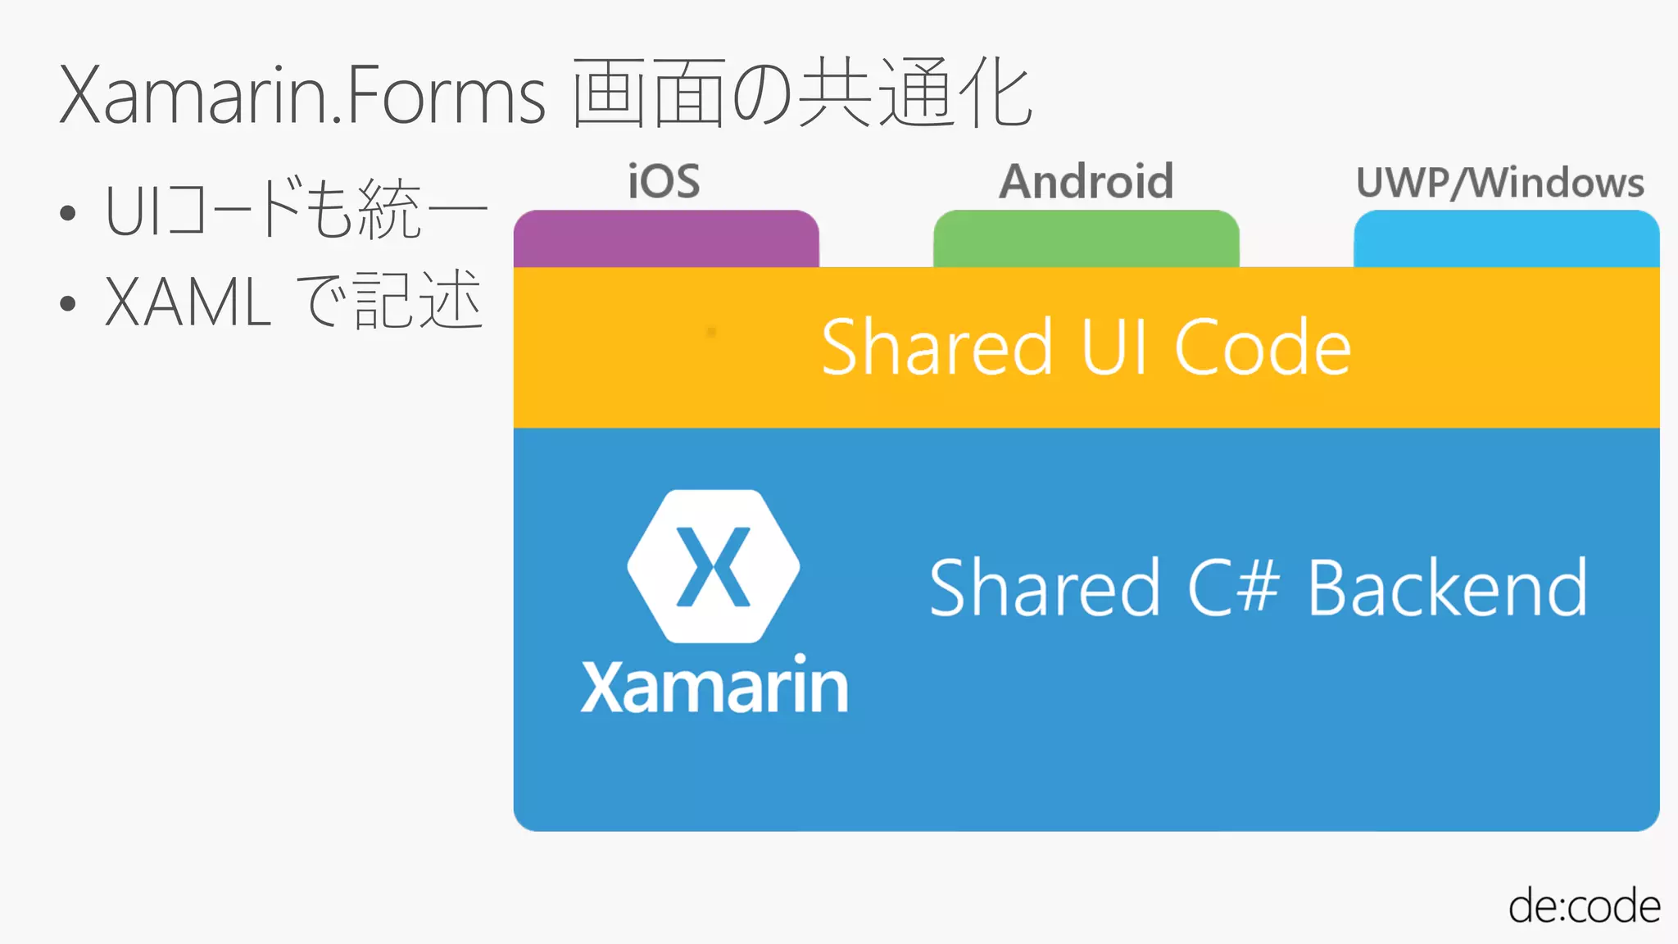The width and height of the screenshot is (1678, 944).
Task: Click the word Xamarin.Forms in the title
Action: [302, 95]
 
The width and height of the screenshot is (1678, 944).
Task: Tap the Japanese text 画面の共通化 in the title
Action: [801, 93]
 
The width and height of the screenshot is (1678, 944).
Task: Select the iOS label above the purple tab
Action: [664, 181]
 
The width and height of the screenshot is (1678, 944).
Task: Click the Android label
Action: [1086, 181]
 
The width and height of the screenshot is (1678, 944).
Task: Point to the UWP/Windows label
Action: [1500, 183]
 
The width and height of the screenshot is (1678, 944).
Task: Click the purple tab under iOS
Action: [666, 238]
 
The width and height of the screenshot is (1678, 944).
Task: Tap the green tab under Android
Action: [1086, 238]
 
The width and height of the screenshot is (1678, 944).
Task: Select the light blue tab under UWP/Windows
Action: [1506, 238]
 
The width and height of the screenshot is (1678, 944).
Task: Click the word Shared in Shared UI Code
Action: [937, 347]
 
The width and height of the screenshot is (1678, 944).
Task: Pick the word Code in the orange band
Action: [1262, 347]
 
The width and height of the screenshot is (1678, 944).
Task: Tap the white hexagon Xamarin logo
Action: [714, 566]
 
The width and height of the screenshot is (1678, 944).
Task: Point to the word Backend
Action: [1447, 588]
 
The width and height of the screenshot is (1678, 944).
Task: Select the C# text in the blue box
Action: [1233, 588]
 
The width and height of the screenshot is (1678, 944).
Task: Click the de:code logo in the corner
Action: [1584, 905]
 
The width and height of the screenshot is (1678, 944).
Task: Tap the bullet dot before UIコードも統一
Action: [68, 214]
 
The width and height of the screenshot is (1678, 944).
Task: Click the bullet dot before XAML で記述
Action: [68, 303]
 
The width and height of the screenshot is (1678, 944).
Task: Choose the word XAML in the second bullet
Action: [188, 302]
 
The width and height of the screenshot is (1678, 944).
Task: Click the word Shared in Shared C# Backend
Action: [1045, 588]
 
